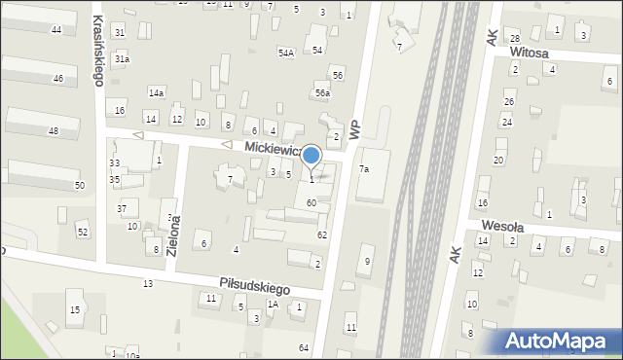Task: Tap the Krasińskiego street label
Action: pos(97,50)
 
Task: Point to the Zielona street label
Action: pos(173,234)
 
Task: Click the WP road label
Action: pos(354,128)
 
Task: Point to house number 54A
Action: pos(286,53)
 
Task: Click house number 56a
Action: pos(322,93)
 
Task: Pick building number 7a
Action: pos(364,169)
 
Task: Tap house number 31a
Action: pos(122,59)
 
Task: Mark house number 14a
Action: pos(156,92)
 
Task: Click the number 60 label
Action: pos(311,202)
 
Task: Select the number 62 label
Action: pos(321,235)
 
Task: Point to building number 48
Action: pos(53,131)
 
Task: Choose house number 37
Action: pos(122,209)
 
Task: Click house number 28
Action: pos(514,37)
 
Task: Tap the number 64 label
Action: pos(304,347)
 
